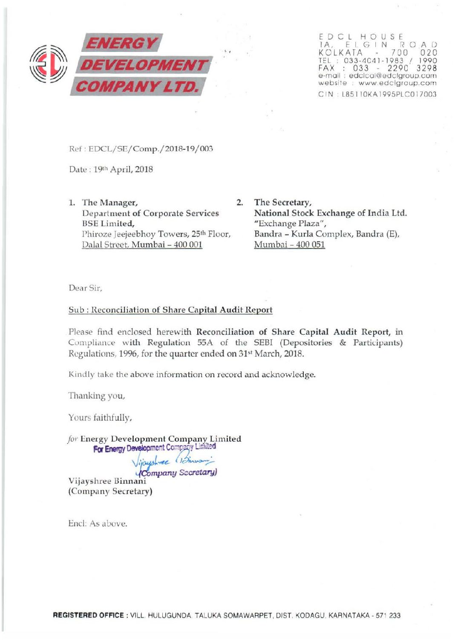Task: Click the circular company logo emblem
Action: (x=48, y=64)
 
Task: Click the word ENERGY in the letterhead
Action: (x=122, y=43)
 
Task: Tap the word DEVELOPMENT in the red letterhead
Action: (x=144, y=65)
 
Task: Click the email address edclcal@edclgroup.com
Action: (x=392, y=75)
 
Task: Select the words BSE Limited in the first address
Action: (x=108, y=223)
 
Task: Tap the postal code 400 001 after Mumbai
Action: (x=188, y=245)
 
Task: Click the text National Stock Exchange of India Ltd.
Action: (x=330, y=213)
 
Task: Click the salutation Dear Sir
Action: (x=85, y=288)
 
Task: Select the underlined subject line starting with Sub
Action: (x=170, y=310)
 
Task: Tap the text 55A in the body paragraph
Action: (x=204, y=343)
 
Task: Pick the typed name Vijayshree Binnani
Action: (x=107, y=481)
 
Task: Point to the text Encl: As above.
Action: (x=98, y=523)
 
